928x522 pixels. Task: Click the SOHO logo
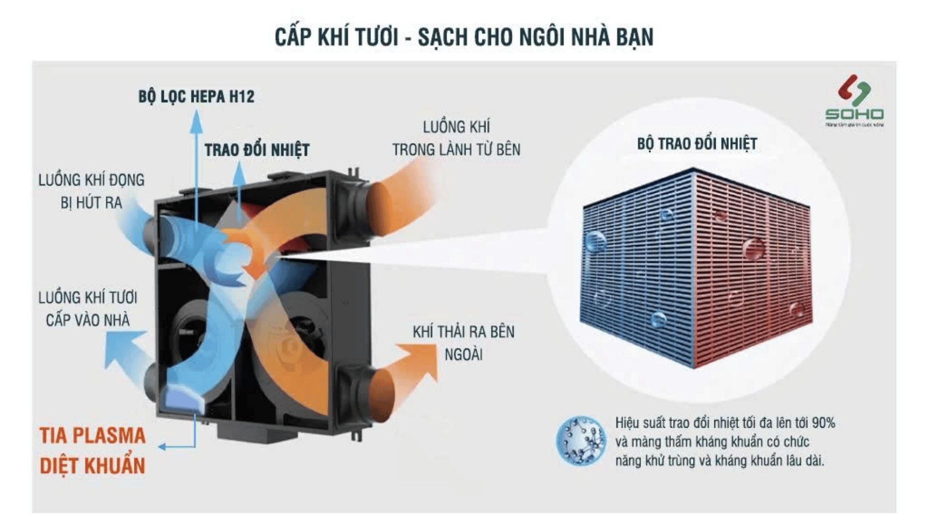pos(854,100)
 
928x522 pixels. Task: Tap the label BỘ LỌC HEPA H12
pos(196,97)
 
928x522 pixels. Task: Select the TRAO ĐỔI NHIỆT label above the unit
pos(257,150)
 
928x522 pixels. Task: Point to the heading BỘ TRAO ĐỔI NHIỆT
pos(696,144)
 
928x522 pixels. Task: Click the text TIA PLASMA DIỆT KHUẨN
pos(92,450)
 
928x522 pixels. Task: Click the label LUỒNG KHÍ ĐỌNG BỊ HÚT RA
pos(91,191)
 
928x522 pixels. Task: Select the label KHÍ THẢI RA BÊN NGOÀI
pos(463,343)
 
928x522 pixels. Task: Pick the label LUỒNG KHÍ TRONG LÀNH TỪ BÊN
pos(456,138)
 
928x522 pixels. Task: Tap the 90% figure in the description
pos(823,423)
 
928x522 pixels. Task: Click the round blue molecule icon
pos(580,441)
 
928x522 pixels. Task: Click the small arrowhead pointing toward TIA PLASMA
pos(162,447)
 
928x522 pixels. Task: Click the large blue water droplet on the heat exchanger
pos(595,241)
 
